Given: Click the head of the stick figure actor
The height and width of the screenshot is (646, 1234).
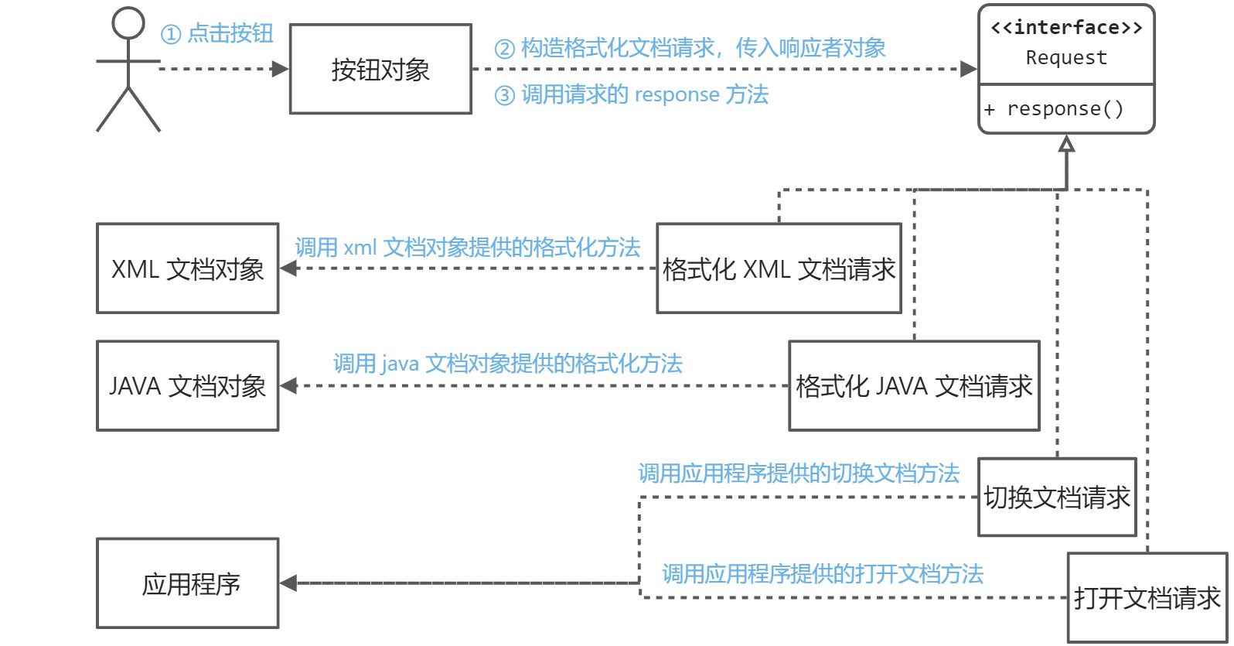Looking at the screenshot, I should coord(128,23).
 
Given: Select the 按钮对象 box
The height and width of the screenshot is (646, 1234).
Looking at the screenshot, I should coord(380,70).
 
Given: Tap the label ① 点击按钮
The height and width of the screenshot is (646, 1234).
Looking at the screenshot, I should coord(217,33).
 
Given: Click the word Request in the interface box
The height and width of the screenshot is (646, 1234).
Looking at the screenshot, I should coord(1066,58).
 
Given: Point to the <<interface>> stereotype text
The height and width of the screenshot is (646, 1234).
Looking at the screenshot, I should coord(1066,28).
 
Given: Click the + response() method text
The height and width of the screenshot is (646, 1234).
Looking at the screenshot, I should coord(1055,109).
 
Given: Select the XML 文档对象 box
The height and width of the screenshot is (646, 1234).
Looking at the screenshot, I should coord(187,268).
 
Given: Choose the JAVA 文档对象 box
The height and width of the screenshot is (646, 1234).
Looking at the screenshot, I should coord(187,385).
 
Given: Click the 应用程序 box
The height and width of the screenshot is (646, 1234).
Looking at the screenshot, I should coord(187,583).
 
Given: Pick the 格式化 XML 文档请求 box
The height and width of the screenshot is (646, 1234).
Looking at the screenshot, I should coord(779,268).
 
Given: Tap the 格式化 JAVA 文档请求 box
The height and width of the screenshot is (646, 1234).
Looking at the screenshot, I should coord(914,385).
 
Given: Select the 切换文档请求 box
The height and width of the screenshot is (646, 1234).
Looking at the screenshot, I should coord(1057,497).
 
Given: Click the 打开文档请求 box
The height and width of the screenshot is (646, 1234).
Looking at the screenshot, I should coord(1147,597).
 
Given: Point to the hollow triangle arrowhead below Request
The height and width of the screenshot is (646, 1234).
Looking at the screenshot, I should coord(1067,144).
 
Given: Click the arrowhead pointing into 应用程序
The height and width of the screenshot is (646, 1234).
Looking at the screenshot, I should coord(288,583).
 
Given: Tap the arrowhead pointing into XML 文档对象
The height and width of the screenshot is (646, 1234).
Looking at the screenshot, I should coord(288,268).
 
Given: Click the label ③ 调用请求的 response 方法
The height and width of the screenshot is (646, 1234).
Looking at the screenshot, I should coord(632,94).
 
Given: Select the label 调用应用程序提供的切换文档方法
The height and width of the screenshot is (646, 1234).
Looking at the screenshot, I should coord(799,473).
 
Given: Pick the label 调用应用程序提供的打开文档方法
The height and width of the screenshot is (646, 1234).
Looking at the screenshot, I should coord(823,573).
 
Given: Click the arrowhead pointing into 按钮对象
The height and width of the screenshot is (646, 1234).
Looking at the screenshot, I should coord(281,69).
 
